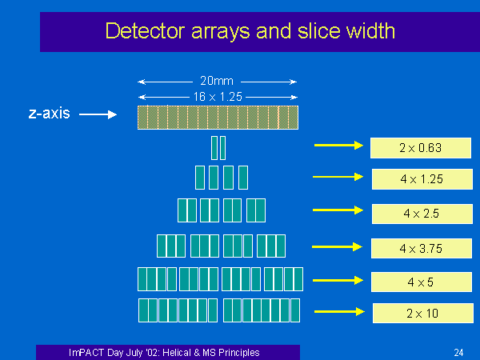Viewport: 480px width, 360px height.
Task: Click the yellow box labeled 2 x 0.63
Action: [x=421, y=148]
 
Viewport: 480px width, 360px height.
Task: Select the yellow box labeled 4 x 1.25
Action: [x=422, y=179]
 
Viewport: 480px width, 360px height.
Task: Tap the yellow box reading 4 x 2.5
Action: [x=422, y=214]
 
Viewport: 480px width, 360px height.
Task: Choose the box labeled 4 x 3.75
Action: [x=422, y=248]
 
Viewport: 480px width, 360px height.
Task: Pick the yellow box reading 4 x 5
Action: [x=422, y=282]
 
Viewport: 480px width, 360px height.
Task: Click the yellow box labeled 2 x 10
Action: [x=423, y=313]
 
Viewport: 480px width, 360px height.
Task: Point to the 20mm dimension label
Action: [x=217, y=81]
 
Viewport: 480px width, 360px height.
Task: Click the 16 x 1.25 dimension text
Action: [x=218, y=97]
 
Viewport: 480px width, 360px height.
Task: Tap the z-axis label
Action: [x=50, y=114]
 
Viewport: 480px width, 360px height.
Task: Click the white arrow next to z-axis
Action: [x=98, y=114]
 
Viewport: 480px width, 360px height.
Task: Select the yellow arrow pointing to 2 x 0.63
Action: [x=338, y=145]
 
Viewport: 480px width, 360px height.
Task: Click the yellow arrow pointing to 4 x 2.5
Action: [x=338, y=210]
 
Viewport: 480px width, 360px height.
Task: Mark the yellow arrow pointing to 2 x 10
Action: [x=339, y=312]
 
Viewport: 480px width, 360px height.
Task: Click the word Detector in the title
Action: [x=145, y=31]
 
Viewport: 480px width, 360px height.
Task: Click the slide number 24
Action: [x=458, y=353]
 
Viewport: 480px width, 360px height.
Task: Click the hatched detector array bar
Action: [x=218, y=118]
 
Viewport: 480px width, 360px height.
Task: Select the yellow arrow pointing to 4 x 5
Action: [x=338, y=281]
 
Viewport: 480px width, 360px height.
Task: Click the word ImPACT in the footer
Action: [x=86, y=353]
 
